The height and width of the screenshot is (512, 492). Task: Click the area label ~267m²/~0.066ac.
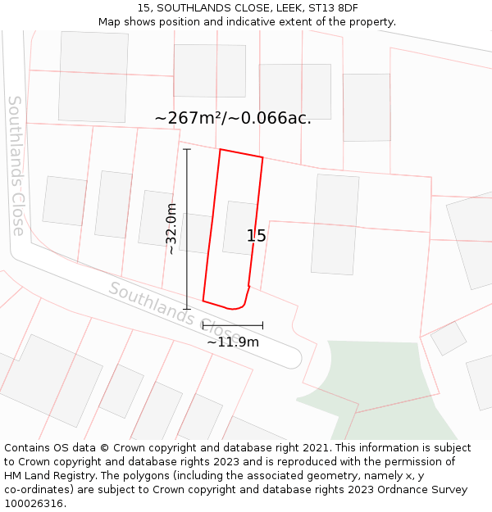[233, 118]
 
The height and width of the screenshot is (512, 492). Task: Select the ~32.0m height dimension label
[171, 229]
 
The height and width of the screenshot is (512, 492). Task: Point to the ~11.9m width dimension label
[232, 342]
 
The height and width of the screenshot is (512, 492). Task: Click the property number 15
[256, 236]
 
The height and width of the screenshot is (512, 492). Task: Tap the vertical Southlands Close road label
[16, 165]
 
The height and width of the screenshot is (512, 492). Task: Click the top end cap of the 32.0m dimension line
[187, 149]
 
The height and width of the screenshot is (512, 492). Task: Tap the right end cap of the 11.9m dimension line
[262, 325]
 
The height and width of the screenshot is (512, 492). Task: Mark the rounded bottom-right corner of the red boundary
[239, 306]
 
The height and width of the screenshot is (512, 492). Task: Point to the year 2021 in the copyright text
[312, 448]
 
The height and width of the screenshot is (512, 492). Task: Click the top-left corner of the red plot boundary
[220, 149]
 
